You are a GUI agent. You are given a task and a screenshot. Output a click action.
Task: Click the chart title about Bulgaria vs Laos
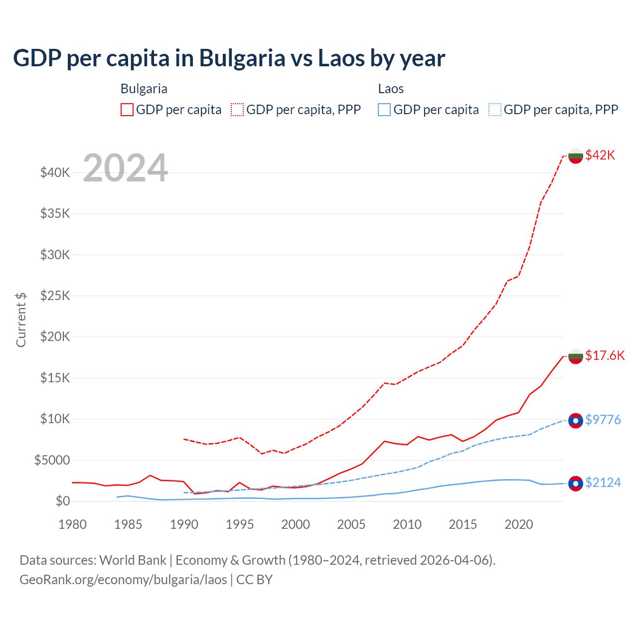[x=229, y=58]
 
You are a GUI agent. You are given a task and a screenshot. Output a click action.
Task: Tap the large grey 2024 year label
[x=125, y=168]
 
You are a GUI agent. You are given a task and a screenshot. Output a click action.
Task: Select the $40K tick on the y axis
[x=55, y=173]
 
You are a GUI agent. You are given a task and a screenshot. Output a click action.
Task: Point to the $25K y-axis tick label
[x=55, y=296]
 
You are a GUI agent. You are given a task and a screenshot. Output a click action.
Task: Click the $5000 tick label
[x=52, y=460]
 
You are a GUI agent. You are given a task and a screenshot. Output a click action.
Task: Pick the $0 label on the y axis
[x=62, y=501]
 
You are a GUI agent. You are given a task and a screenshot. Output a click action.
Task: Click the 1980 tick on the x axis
[x=73, y=524]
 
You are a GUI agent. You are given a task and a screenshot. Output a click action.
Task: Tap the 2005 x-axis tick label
[x=351, y=524]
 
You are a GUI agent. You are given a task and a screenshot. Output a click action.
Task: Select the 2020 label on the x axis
[x=519, y=524]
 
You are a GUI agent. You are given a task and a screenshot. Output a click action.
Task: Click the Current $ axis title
[x=21, y=319]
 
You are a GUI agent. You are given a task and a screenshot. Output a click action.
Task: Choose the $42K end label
[x=600, y=155]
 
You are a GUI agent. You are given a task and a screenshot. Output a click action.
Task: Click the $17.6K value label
[x=605, y=355]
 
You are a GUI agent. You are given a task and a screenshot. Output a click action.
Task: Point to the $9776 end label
[x=603, y=420]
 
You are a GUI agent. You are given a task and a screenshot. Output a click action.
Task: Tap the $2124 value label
[x=603, y=482]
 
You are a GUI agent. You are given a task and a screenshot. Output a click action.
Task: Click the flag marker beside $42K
[x=576, y=156]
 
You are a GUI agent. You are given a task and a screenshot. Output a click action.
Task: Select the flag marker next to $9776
[x=576, y=421]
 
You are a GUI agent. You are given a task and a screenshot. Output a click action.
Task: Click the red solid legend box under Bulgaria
[x=127, y=110]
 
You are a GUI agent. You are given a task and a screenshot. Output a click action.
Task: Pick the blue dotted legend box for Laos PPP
[x=495, y=110]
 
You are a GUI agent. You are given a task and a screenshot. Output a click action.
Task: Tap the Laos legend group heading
[x=391, y=89]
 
